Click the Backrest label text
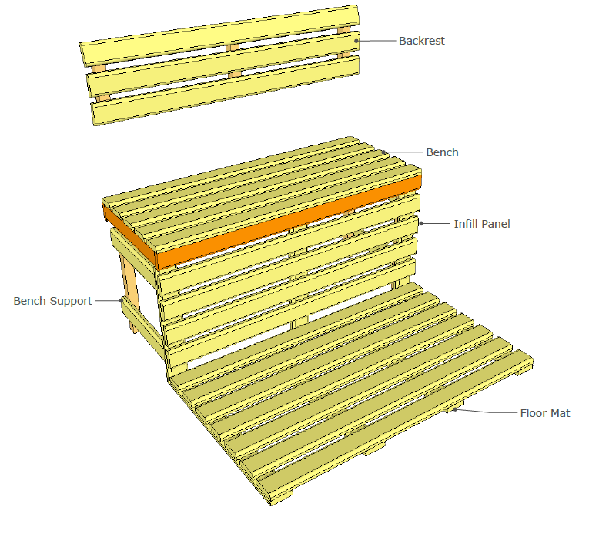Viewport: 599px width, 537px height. click(x=421, y=41)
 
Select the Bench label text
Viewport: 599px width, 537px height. click(x=442, y=152)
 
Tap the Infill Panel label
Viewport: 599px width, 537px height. click(x=481, y=224)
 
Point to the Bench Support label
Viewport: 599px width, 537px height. click(x=52, y=300)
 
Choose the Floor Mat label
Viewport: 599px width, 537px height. click(x=545, y=413)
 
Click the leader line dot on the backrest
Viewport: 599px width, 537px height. click(x=356, y=41)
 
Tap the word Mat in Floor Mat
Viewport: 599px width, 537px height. click(x=561, y=413)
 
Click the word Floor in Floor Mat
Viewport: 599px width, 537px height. click(x=533, y=413)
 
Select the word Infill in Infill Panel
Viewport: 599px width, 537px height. click(x=465, y=224)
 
